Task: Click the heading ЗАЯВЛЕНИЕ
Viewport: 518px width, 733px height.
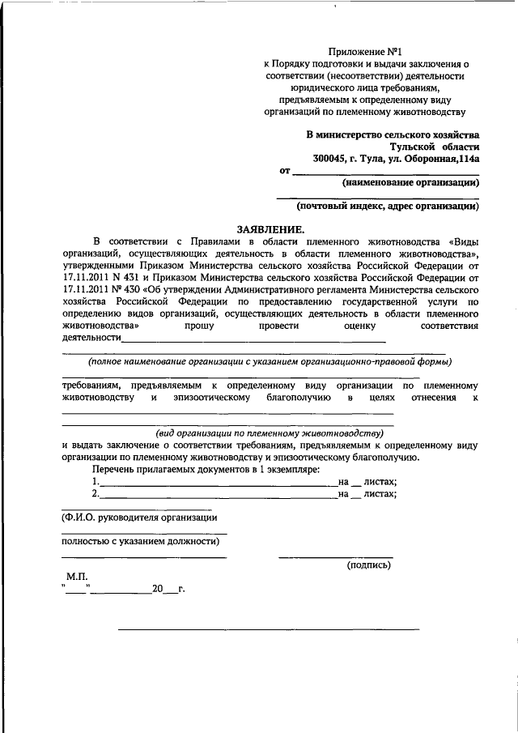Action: coord(270,229)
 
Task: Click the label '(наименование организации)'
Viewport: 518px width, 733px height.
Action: coord(410,182)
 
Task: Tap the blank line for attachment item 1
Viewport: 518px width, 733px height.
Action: coord(219,485)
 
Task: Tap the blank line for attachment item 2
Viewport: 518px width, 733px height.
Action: coord(219,496)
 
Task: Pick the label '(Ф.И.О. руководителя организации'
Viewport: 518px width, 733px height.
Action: coord(139,517)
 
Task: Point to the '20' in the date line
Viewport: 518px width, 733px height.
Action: coord(158,589)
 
